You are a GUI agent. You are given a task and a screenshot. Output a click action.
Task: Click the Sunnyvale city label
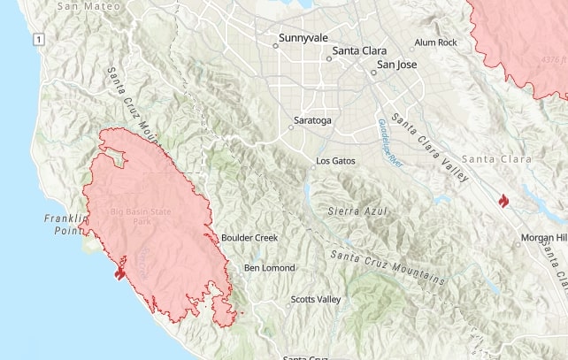[x=303, y=38]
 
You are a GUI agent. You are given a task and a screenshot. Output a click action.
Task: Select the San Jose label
[x=396, y=65]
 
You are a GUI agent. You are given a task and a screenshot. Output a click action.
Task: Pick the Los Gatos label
[x=335, y=161]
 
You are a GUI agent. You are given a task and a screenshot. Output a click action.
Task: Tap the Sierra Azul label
[x=356, y=211]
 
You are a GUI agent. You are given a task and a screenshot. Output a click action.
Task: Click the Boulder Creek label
[x=249, y=238]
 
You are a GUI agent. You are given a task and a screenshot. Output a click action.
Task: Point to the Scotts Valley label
[x=316, y=300]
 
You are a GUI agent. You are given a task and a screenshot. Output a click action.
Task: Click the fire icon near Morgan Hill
[x=503, y=203]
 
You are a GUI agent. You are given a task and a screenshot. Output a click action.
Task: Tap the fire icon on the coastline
[x=119, y=272]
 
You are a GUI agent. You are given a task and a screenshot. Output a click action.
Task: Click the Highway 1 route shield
[x=38, y=40]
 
